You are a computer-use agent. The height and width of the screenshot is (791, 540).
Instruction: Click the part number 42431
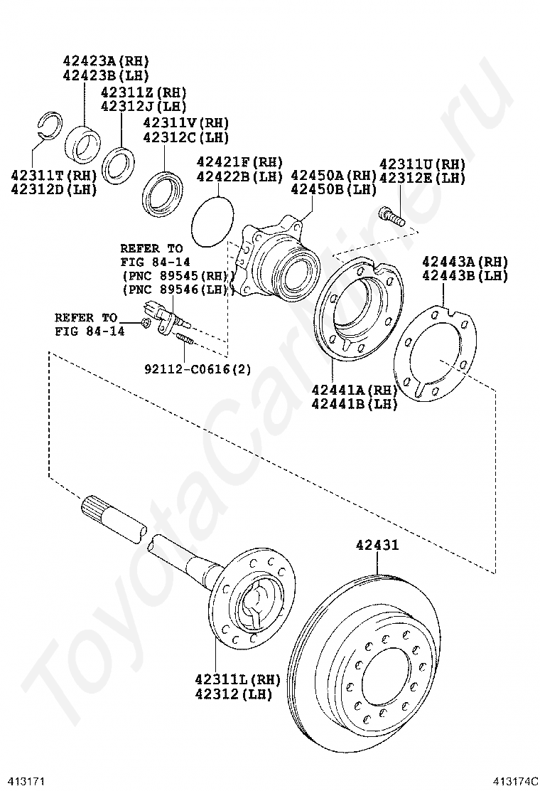[377, 546]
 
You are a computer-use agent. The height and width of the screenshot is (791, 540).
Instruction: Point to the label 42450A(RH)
[333, 176]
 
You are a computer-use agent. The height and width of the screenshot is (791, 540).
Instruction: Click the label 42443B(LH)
[465, 275]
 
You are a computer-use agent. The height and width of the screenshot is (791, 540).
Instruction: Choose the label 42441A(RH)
[354, 390]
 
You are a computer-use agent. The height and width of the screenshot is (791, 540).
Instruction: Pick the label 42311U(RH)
[421, 164]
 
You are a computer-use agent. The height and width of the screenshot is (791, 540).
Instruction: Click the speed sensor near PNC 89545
[161, 313]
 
